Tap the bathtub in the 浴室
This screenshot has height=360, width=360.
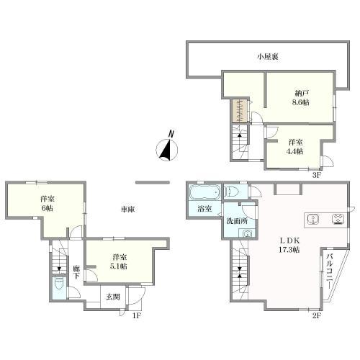point(205,192)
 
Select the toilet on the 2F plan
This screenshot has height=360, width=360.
point(232,192)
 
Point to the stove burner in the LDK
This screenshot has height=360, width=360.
point(338,219)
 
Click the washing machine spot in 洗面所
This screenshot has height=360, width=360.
point(247,233)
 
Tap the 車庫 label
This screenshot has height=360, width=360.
point(127,210)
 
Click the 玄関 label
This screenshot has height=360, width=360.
point(113,297)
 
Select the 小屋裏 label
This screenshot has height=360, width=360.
point(268,57)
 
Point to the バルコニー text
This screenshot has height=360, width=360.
point(329,271)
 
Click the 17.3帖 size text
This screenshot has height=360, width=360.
point(289,250)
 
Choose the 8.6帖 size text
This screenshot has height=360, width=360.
point(300,102)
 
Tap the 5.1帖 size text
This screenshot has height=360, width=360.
point(119,266)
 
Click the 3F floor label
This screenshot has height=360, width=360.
point(317,175)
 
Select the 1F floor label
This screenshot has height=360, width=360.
point(136,315)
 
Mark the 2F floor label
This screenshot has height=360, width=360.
point(317,315)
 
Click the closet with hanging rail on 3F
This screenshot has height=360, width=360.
point(240,111)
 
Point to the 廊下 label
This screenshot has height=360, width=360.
point(76,272)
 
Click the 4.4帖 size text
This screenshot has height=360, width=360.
point(296,151)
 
